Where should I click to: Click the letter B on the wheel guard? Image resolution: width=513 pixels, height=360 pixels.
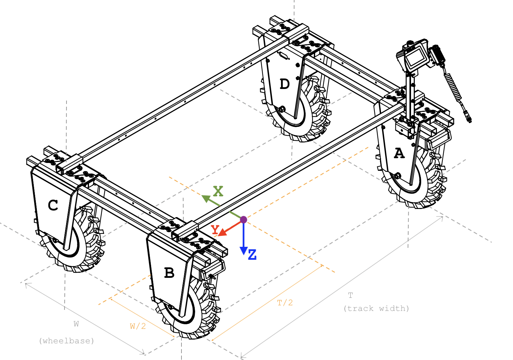(x=169, y=273)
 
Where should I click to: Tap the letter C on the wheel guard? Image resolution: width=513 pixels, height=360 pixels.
(x=53, y=205)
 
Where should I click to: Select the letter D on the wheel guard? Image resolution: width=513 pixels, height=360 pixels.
(x=284, y=84)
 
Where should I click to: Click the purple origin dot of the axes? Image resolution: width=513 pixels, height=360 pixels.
(x=243, y=220)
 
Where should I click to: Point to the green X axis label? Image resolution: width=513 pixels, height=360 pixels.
(x=218, y=191)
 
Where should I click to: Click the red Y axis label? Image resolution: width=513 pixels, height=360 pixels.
(x=215, y=229)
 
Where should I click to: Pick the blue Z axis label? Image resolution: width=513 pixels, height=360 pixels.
(x=252, y=255)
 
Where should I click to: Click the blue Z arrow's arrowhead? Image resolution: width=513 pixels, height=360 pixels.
(x=243, y=251)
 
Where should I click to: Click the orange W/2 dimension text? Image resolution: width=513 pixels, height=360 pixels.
(x=138, y=326)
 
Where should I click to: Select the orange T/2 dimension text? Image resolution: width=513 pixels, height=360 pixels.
(x=285, y=302)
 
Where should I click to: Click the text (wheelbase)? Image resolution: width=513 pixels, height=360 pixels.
(x=67, y=341)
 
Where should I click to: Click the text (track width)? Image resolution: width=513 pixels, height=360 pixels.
(x=376, y=308)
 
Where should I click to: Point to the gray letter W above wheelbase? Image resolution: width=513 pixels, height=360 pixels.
(x=76, y=324)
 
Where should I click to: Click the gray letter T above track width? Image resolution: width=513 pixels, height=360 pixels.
(x=350, y=295)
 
